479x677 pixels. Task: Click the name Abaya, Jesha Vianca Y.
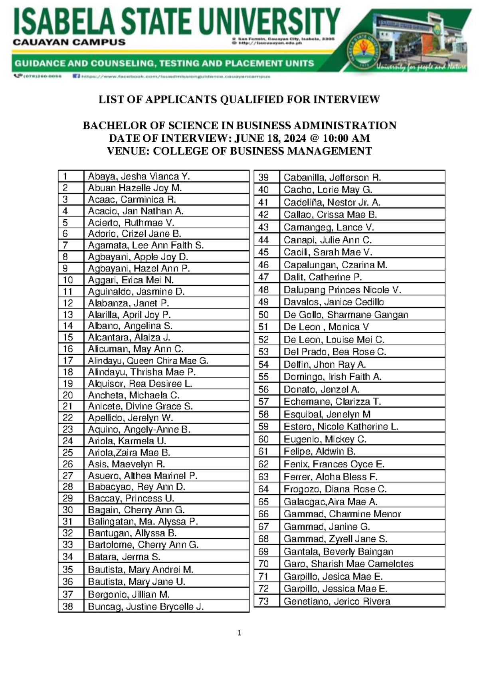[139, 176]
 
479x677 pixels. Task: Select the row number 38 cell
[68, 607]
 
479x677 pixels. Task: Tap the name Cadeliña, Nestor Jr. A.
[332, 202]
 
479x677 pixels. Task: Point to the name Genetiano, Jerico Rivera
[336, 601]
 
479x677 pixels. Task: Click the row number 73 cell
[264, 601]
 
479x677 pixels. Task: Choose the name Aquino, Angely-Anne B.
[139, 430]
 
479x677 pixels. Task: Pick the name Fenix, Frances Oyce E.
[334, 464]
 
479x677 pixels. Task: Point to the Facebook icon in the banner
[76, 75]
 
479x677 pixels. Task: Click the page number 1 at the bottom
[239, 633]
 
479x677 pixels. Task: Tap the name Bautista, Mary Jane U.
[137, 582]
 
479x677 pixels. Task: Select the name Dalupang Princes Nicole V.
[342, 290]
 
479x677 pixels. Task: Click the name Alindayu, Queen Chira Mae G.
[148, 361]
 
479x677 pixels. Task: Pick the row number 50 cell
[264, 315]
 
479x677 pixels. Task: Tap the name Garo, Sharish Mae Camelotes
[348, 564]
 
